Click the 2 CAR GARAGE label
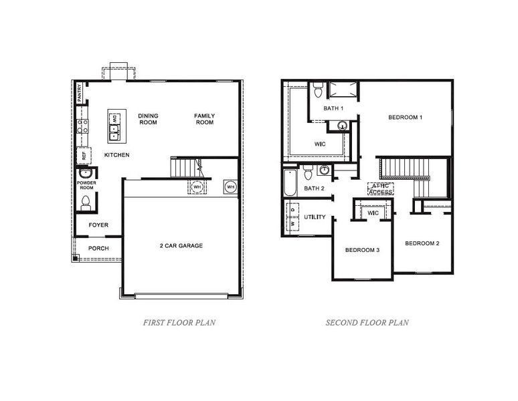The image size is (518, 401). (x=181, y=246)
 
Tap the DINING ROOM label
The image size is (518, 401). (x=148, y=119)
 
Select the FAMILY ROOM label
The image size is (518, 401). (x=204, y=119)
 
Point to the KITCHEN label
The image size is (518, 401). (x=116, y=155)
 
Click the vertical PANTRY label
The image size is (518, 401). (x=79, y=92)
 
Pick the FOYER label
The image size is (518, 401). (x=98, y=225)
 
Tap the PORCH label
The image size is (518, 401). (x=98, y=249)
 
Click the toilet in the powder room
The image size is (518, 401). (x=85, y=200)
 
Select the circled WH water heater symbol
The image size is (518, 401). (x=230, y=186)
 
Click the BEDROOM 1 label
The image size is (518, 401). (x=405, y=118)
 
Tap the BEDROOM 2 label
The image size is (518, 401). (x=422, y=243)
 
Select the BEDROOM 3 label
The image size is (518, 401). (x=362, y=250)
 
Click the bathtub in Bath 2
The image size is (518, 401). (x=289, y=183)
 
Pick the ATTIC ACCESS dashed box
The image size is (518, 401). (x=380, y=188)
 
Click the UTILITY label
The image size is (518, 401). (x=315, y=217)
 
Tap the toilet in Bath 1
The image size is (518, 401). (x=318, y=89)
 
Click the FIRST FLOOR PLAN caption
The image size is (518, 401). (x=179, y=322)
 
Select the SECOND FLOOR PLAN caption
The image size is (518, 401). (x=367, y=322)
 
